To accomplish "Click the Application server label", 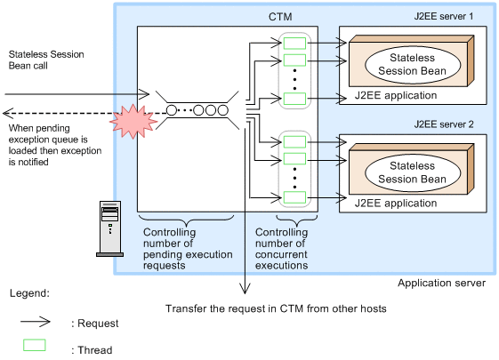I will (441, 283).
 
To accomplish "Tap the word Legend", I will (30, 292).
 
